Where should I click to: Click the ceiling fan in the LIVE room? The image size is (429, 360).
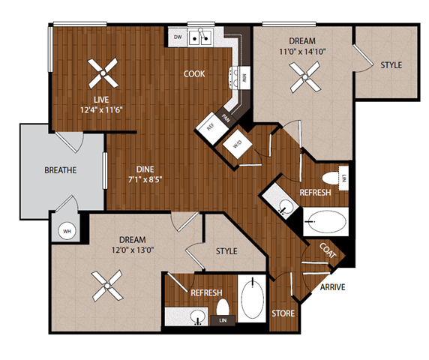(x=101, y=73)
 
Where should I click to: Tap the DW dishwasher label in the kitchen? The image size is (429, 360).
(x=178, y=37)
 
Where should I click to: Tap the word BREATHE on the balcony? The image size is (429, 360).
(x=61, y=170)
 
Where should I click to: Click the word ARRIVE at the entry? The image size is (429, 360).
(x=332, y=287)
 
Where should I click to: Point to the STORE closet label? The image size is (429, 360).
(x=283, y=313)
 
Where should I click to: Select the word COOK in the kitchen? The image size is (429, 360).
(x=195, y=73)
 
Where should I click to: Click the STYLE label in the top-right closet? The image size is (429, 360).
(x=391, y=65)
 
